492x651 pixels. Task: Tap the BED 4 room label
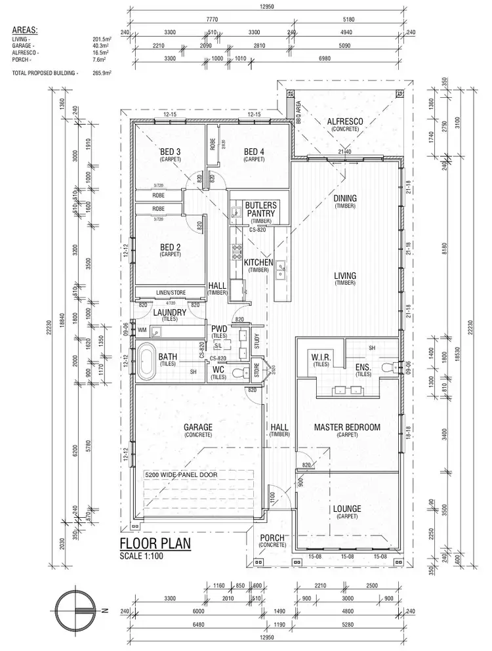(253, 152)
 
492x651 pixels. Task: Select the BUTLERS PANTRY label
(261, 209)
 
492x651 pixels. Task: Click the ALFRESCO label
(345, 121)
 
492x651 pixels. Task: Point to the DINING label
(344, 198)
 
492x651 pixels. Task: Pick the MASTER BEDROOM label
(347, 427)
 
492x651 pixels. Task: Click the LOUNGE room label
(347, 509)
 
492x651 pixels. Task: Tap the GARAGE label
(198, 427)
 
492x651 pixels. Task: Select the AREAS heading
(25, 30)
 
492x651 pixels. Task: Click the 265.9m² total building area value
(102, 73)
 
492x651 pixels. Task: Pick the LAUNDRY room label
(170, 313)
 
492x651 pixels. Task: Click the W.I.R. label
(321, 356)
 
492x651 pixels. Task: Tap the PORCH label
(272, 537)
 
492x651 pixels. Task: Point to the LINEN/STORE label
(169, 292)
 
